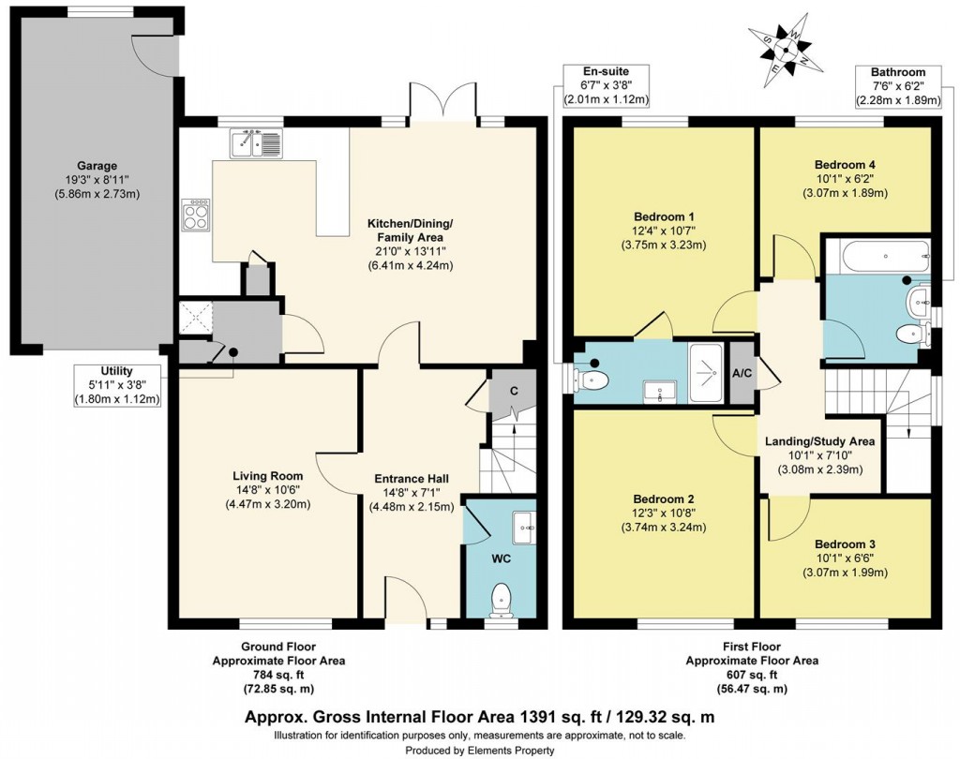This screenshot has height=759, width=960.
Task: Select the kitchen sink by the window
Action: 253,143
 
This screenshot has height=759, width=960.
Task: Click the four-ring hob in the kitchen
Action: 198,216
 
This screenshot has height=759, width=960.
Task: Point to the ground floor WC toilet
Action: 502,596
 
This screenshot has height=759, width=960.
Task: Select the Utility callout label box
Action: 116,386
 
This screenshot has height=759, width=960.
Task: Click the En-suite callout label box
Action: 605,85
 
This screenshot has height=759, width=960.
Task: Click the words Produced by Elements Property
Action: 479,750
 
